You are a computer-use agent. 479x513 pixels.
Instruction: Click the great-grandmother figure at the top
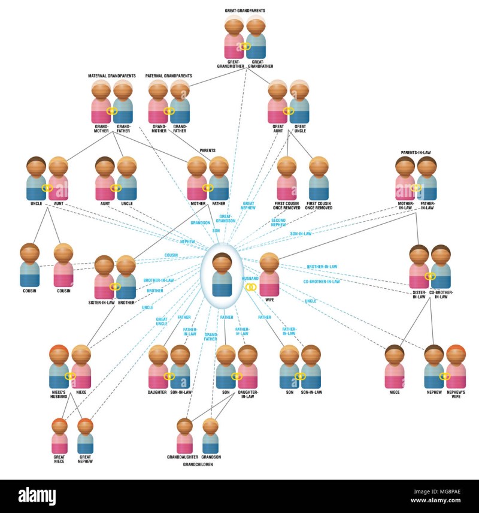point(234,40)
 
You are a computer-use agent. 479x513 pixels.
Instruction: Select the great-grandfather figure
point(256,40)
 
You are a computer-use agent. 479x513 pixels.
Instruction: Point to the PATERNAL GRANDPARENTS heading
point(168,76)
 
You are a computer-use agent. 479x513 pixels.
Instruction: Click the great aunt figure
point(278,103)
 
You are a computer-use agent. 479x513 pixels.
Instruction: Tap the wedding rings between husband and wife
point(251,287)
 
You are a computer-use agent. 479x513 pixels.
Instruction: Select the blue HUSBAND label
point(250,279)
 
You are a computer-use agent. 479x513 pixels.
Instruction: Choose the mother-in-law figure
point(405,180)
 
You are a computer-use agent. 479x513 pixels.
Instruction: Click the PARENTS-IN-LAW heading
point(416,152)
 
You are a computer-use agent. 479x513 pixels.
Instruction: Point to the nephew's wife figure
point(456,367)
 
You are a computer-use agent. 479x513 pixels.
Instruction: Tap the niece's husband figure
point(59,367)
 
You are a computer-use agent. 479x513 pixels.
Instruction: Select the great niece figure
point(59,436)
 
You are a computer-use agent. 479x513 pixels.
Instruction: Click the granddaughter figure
point(185,436)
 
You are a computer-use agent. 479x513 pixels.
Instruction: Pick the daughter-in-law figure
point(247,367)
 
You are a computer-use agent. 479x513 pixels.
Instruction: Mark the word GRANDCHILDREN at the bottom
point(197,464)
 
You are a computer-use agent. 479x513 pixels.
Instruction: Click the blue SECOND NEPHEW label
point(279,222)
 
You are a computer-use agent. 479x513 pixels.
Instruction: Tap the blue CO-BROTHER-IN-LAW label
point(322,282)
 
